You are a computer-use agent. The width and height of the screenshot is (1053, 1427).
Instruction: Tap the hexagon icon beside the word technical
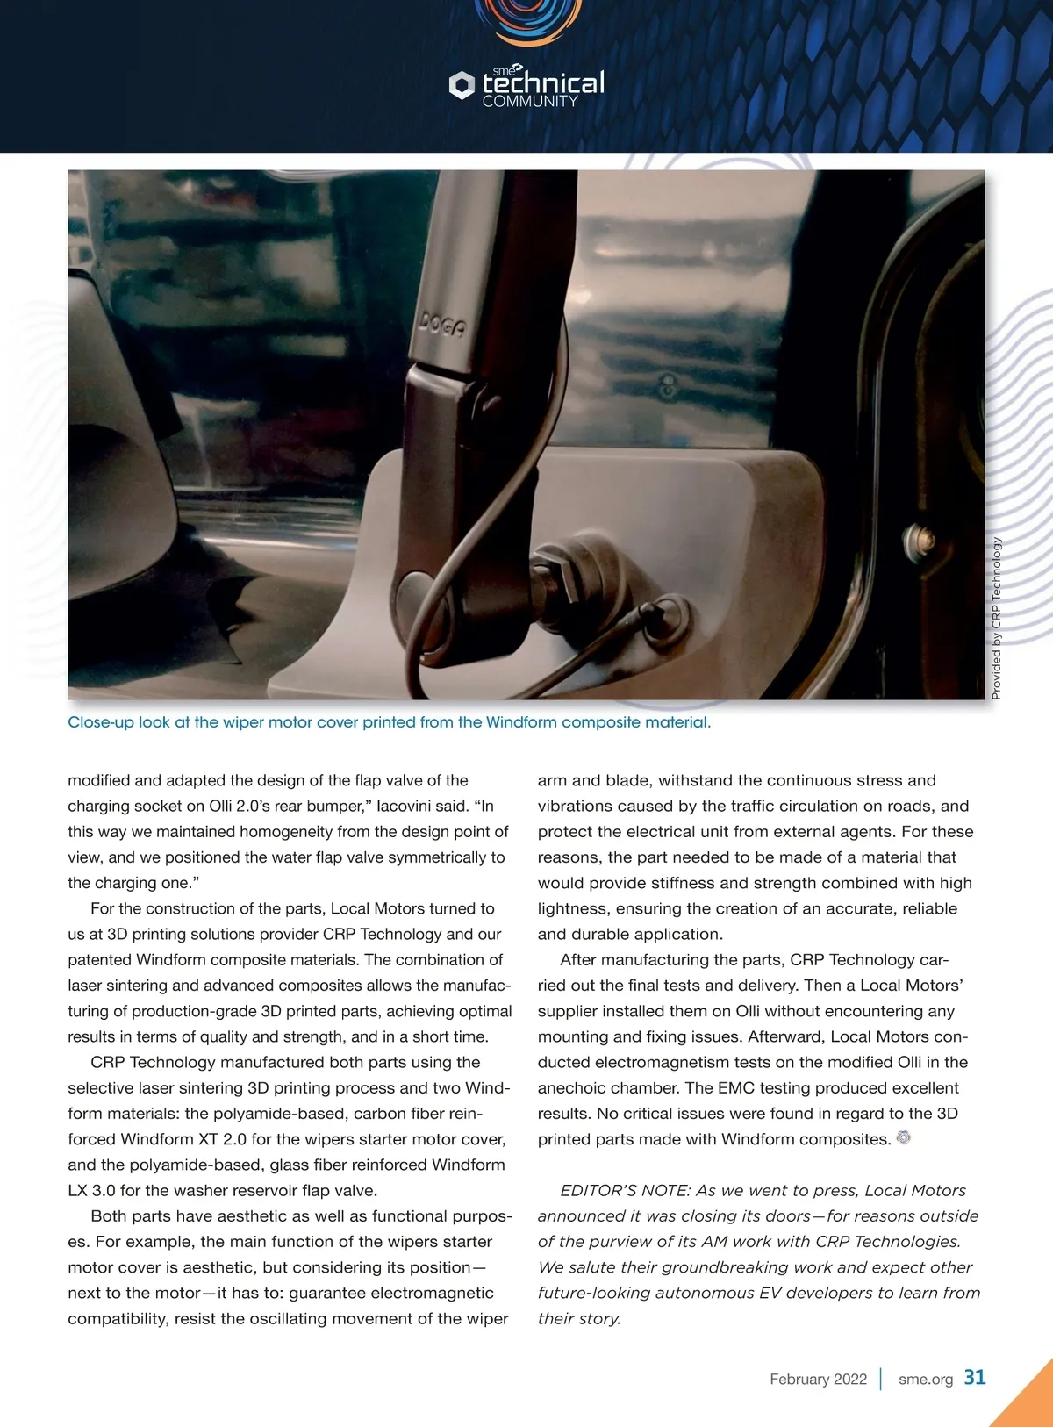462,85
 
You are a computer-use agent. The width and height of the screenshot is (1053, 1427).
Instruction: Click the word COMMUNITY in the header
530,102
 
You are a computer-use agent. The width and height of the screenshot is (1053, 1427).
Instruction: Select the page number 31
975,1377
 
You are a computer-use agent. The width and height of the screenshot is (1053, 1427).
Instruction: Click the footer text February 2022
818,1379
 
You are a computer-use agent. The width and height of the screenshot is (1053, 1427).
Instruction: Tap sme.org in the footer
925,1379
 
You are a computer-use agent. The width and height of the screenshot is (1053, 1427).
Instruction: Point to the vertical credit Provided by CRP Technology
996,618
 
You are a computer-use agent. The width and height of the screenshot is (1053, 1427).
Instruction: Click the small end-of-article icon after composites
904,1137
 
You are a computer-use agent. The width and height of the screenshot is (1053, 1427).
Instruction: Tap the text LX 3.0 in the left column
91,1190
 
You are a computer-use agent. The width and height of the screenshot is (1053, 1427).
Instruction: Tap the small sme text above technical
503,70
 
